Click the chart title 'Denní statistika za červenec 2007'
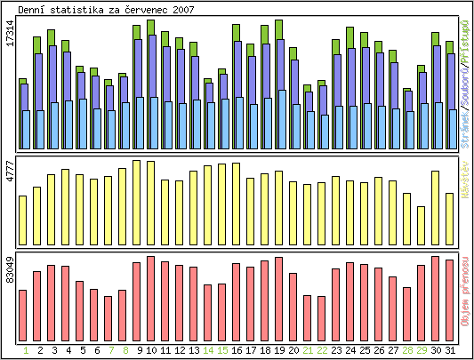[x=108, y=10]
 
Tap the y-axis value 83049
[x=11, y=268]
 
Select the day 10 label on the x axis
[x=151, y=350]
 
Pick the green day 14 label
[x=208, y=350]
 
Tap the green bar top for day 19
[x=279, y=26]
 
